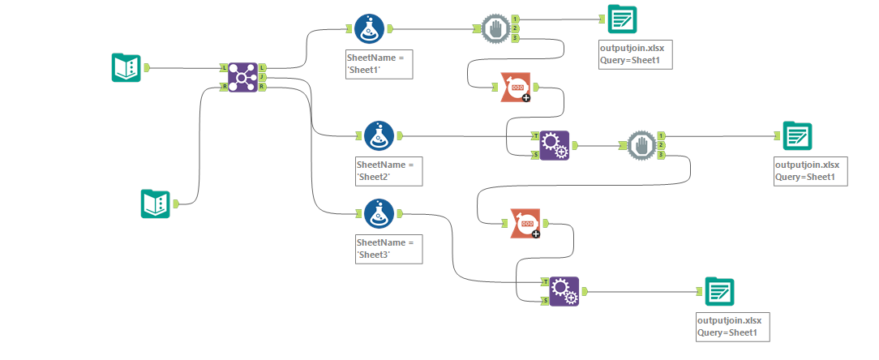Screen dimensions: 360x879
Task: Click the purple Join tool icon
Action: [242, 78]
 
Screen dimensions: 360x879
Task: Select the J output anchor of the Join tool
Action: [263, 78]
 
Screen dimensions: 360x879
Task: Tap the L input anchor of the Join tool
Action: [224, 68]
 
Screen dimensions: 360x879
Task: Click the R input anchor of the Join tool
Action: [224, 87]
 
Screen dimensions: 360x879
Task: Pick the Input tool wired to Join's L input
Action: [126, 68]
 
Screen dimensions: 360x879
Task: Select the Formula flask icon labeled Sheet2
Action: [379, 136]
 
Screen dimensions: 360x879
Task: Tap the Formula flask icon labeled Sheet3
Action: [379, 214]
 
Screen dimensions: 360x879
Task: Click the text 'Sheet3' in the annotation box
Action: [374, 254]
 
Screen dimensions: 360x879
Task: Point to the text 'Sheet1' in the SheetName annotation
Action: [374, 71]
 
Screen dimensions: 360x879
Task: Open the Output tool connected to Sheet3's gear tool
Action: [719, 291]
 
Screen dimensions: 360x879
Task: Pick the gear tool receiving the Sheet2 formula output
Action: [555, 146]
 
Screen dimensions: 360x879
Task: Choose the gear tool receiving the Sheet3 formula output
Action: [564, 291]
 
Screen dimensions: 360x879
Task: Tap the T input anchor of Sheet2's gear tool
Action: [535, 136]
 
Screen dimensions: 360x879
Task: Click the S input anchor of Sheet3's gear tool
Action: [545, 301]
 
